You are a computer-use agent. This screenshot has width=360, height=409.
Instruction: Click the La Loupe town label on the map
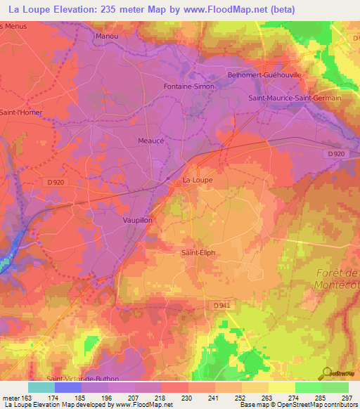(x=197, y=180)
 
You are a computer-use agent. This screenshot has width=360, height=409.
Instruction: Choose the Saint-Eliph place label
(x=198, y=253)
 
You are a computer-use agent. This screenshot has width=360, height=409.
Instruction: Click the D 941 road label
(x=221, y=305)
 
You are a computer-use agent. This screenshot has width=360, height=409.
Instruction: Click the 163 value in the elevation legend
(x=20, y=397)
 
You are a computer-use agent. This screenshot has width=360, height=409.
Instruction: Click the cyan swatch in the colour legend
(x=41, y=387)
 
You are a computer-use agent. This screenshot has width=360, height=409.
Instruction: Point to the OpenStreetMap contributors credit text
(x=316, y=405)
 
